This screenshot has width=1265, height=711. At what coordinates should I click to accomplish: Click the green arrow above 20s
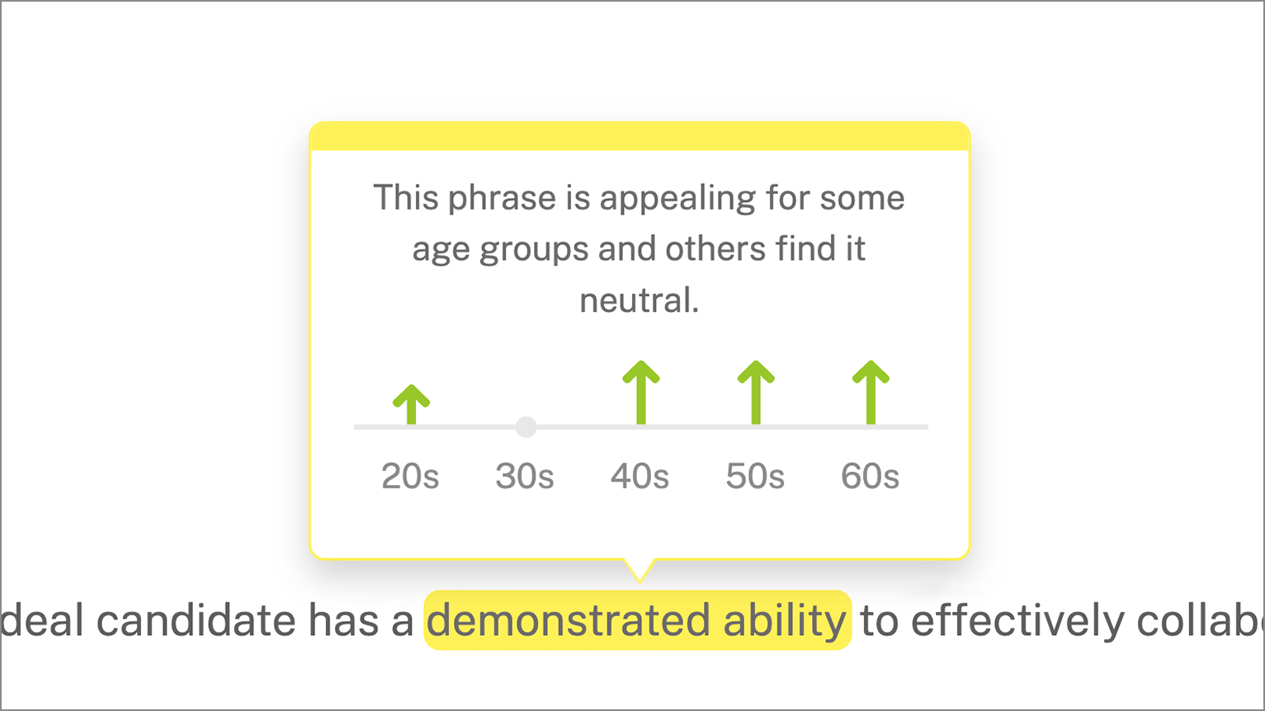click(x=411, y=404)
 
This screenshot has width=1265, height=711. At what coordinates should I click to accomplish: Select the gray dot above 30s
click(x=526, y=426)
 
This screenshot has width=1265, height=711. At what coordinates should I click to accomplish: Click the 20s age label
click(x=410, y=477)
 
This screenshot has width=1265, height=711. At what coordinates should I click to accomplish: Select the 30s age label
click(x=525, y=477)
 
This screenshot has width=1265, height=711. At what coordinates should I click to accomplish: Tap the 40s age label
click(x=640, y=477)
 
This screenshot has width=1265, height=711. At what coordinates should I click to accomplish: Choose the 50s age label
click(x=755, y=477)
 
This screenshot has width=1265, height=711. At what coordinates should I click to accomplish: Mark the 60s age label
click(x=870, y=477)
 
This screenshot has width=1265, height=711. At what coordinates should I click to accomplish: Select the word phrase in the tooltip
click(x=502, y=199)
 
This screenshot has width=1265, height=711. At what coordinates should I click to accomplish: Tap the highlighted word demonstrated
click(x=569, y=621)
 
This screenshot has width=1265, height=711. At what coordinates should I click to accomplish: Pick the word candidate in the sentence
click(x=196, y=621)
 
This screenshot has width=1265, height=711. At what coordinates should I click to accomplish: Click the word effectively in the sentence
click(x=1018, y=621)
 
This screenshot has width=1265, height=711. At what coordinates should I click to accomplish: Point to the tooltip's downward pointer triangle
click(x=640, y=569)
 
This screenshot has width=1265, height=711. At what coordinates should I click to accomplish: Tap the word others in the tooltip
click(x=715, y=249)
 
